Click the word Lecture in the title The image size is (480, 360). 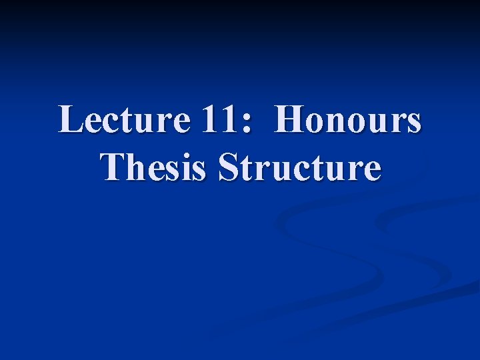124,121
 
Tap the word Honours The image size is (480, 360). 348,121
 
